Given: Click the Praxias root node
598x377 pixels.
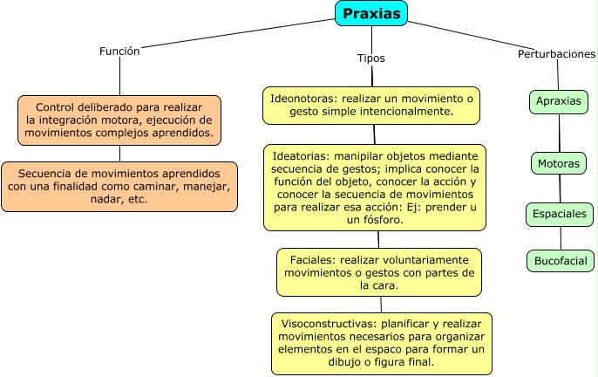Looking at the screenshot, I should pyautogui.click(x=371, y=13).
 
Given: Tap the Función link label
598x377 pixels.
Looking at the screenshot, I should pyautogui.click(x=120, y=51).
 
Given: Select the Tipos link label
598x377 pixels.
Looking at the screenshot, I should pyautogui.click(x=371, y=58).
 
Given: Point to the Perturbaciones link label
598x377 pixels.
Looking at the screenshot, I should pyautogui.click(x=557, y=54).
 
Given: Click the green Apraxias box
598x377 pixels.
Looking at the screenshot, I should pyautogui.click(x=559, y=101).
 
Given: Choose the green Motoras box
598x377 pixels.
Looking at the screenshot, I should pyautogui.click(x=559, y=163).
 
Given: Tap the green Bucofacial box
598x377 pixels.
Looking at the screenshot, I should pyautogui.click(x=561, y=260).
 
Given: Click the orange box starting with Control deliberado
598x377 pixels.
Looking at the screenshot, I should pyautogui.click(x=119, y=120).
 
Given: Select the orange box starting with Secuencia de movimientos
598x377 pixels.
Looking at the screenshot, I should pyautogui.click(x=119, y=186).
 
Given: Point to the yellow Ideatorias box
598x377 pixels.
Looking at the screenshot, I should pyautogui.click(x=374, y=188).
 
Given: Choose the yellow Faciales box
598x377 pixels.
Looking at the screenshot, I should pyautogui.click(x=379, y=272).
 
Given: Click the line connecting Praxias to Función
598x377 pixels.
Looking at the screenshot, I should pyautogui.click(x=235, y=32).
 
